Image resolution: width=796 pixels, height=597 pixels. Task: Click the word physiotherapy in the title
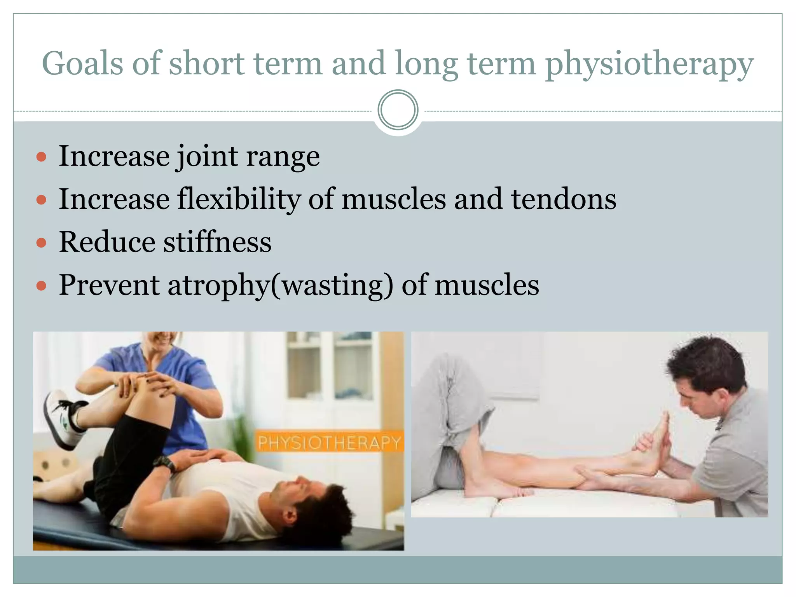tap(649, 65)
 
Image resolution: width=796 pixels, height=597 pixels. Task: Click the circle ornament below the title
tap(398, 110)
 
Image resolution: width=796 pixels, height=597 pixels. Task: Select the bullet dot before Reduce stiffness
tap(41, 243)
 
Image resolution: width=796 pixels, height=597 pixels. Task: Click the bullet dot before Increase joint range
tap(41, 157)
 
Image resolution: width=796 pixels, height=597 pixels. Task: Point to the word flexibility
tap(239, 199)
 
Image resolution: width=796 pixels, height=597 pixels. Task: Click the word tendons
tap(564, 199)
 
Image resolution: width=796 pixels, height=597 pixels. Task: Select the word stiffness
tap(217, 242)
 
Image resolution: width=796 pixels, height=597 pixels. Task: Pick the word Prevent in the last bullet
tap(109, 285)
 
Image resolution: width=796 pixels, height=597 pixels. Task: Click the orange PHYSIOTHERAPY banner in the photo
tap(329, 443)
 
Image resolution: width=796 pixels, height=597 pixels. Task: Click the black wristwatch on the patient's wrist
tap(164, 463)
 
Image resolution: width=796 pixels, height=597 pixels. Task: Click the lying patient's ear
tap(290, 517)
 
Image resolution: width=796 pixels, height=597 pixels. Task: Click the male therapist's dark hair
tap(707, 361)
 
